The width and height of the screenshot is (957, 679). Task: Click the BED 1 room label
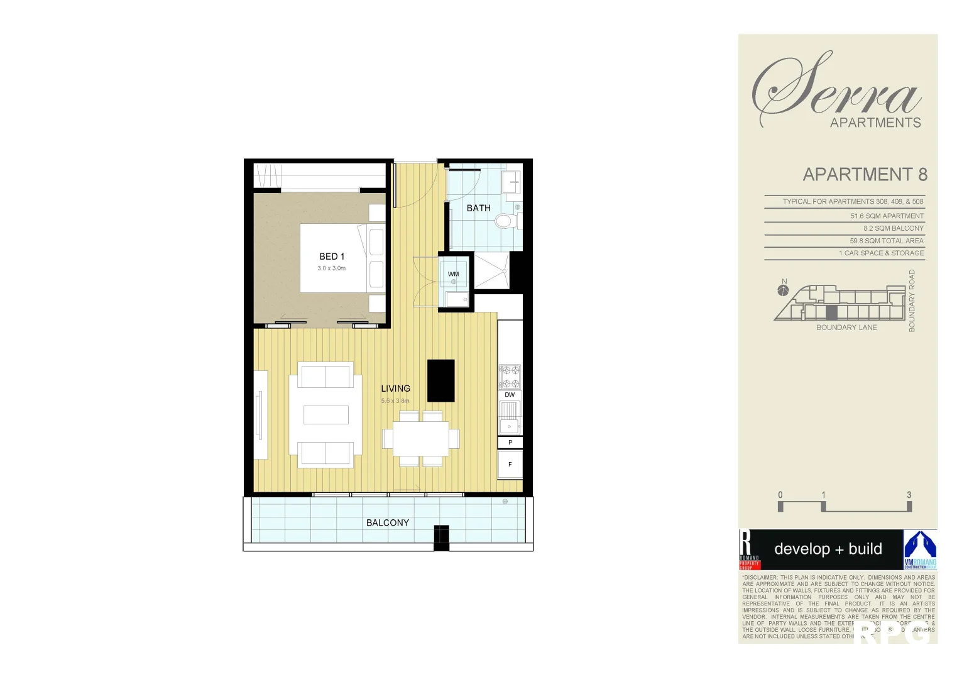[332, 257]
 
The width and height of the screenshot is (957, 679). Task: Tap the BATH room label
[478, 208]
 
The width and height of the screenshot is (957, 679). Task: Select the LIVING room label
[395, 389]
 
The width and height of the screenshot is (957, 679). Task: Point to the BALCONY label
[388, 523]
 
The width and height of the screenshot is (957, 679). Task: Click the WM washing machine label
[453, 274]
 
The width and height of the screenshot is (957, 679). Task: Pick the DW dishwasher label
[510, 395]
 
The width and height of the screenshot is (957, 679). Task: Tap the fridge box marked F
[510, 465]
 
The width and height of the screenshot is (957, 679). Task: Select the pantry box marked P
[510, 443]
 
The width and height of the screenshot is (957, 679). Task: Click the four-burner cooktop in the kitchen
[510, 377]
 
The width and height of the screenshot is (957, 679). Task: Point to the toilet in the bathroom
[505, 221]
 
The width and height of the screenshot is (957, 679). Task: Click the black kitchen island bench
[440, 380]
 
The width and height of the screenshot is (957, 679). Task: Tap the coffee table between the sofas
[325, 415]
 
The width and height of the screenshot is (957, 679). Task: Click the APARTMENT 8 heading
[865, 175]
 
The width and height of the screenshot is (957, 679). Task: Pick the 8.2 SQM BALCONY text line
[893, 228]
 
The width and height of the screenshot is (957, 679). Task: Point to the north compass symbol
[783, 290]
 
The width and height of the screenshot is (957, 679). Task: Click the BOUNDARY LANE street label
[846, 328]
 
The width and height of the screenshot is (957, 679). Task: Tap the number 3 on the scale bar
[909, 495]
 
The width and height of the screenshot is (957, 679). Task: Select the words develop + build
[828, 549]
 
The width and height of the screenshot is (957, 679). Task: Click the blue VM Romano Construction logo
[920, 549]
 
